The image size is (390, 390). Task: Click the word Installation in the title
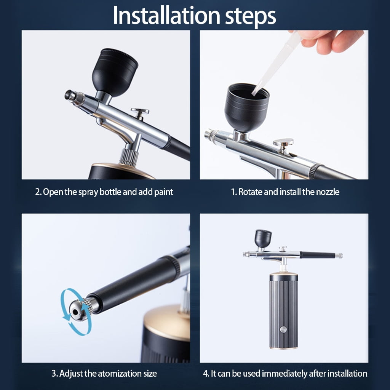[x=167, y=15]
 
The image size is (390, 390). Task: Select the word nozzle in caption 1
[x=328, y=192]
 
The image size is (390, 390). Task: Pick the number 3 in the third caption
[x=54, y=374]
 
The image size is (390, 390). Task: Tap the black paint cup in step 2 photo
[x=115, y=72]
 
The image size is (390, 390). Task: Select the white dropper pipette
[x=276, y=65]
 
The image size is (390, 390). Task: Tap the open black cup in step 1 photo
[x=247, y=107]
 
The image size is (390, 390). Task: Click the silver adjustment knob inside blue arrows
[x=80, y=309]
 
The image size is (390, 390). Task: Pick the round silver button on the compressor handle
[x=283, y=330]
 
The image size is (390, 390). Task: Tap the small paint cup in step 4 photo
[x=263, y=238]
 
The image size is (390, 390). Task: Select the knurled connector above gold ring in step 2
[x=129, y=157]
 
